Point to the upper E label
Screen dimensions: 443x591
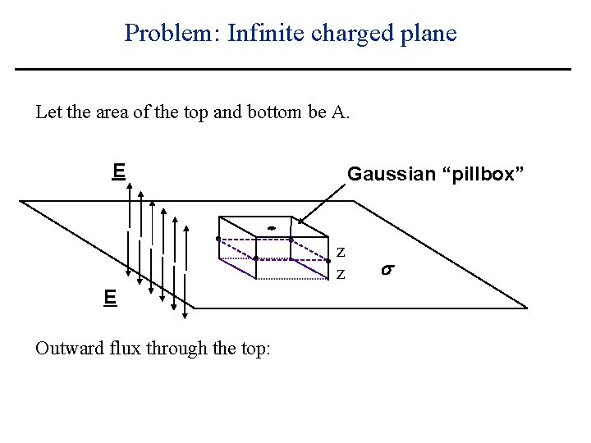coord(119,171)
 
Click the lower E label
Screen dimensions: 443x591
coord(109,297)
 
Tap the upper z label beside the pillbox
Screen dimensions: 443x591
coord(341,251)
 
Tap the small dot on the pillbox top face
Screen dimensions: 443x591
coord(270,228)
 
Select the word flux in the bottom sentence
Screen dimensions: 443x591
coord(121,349)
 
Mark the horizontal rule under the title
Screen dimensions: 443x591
coord(293,69)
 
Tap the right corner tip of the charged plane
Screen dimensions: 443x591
coord(525,308)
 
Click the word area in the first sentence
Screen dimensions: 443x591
coord(111,112)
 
